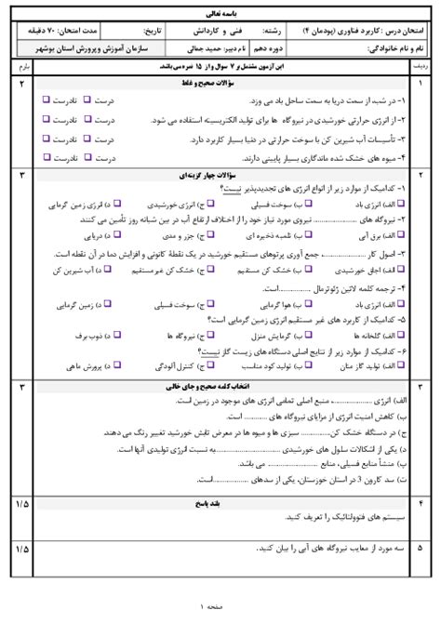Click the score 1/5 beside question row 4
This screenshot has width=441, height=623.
pyautogui.click(x=20, y=502)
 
